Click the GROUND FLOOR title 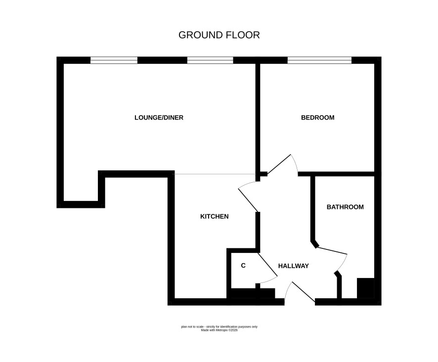(x=219, y=35)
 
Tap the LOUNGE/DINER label (x=159, y=118)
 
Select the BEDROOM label (x=317, y=118)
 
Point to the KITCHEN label (x=214, y=216)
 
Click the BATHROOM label (x=345, y=207)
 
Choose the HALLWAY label (x=293, y=266)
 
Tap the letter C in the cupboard (x=243, y=265)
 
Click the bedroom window (x=319, y=60)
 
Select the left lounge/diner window (x=114, y=60)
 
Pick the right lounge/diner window (x=210, y=60)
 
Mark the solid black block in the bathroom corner (x=366, y=288)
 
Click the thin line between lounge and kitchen (x=214, y=174)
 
